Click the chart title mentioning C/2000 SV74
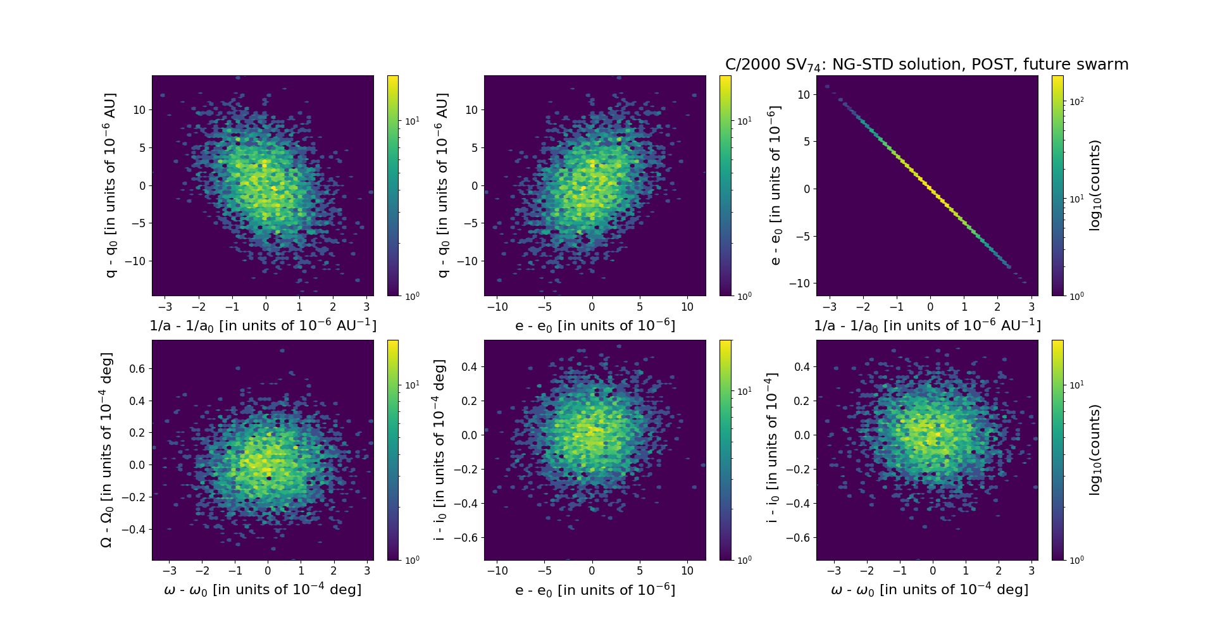tap(926, 65)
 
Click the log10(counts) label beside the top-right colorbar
tap(1095, 185)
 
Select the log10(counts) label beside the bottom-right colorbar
tap(1095, 450)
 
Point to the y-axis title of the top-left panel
tap(110, 185)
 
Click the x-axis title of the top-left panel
tap(263, 325)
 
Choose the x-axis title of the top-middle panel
tap(595, 325)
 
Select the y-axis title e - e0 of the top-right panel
tap(775, 185)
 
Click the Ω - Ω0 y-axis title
tap(106, 450)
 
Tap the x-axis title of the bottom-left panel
tap(263, 590)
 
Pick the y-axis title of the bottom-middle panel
tap(439, 450)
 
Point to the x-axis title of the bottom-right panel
tap(929, 590)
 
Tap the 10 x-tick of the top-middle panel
tap(687, 307)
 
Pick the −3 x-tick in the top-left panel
tap(165, 307)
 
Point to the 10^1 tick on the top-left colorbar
tap(412, 121)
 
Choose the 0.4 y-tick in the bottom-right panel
tap(802, 366)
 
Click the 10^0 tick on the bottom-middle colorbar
tap(744, 560)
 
